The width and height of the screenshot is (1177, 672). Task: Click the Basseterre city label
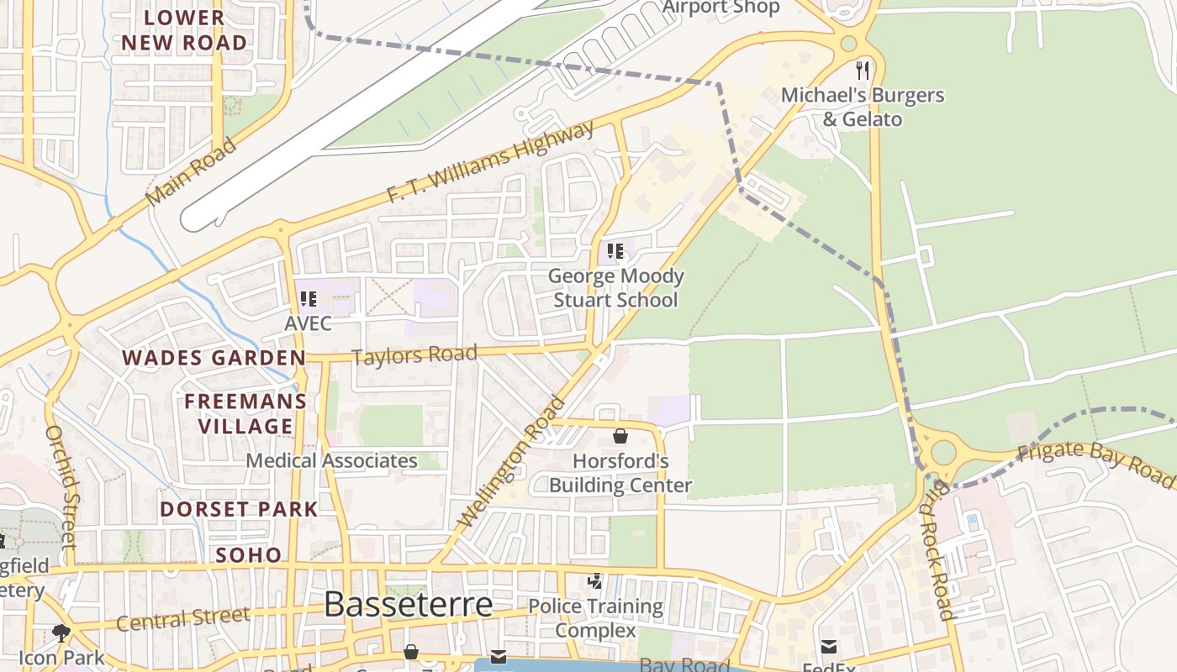click(x=408, y=605)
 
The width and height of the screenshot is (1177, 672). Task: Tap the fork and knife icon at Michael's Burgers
click(x=863, y=70)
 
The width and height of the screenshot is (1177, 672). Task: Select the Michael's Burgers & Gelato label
click(x=863, y=108)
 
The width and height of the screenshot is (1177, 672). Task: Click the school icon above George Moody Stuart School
click(x=615, y=250)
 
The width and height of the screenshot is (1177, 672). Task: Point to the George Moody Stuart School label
click(x=615, y=288)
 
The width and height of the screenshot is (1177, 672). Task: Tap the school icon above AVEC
click(x=308, y=298)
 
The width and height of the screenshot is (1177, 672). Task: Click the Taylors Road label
click(x=414, y=354)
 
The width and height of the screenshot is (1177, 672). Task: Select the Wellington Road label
click(x=510, y=462)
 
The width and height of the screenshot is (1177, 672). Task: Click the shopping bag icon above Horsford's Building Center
click(x=620, y=435)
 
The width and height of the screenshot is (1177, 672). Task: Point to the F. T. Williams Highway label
click(x=490, y=162)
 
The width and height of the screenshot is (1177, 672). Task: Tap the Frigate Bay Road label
click(x=1094, y=462)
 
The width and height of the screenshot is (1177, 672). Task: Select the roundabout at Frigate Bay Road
click(x=943, y=453)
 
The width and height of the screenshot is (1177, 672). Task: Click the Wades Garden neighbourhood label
click(x=214, y=359)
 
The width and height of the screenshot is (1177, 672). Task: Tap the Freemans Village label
click(x=245, y=413)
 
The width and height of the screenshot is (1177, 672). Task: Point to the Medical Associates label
click(x=331, y=461)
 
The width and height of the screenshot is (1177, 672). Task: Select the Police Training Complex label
click(x=595, y=618)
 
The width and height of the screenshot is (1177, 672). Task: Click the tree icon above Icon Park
click(x=61, y=633)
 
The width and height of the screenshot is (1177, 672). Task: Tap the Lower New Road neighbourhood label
click(x=184, y=30)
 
